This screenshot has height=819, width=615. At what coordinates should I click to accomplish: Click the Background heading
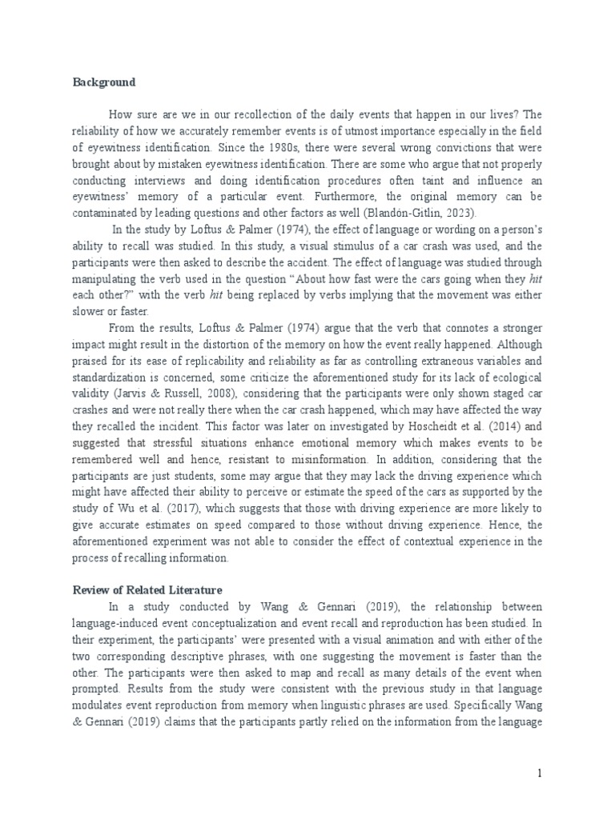(104, 82)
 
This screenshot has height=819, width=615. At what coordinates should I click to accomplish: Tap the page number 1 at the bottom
(541, 773)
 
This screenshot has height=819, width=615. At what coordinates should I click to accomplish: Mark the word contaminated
(109, 213)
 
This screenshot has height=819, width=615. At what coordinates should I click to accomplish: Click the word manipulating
(107, 278)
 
